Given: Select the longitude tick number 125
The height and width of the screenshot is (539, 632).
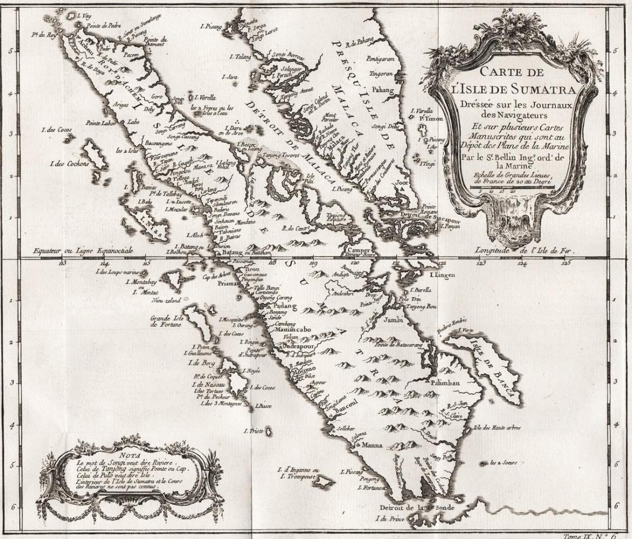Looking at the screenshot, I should tap(566, 263).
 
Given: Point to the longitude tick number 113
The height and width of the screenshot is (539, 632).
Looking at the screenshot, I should tap(63, 263).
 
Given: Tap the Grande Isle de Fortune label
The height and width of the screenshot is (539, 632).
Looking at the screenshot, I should tap(166, 322).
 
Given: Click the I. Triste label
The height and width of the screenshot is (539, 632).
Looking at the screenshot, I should tap(253, 431).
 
